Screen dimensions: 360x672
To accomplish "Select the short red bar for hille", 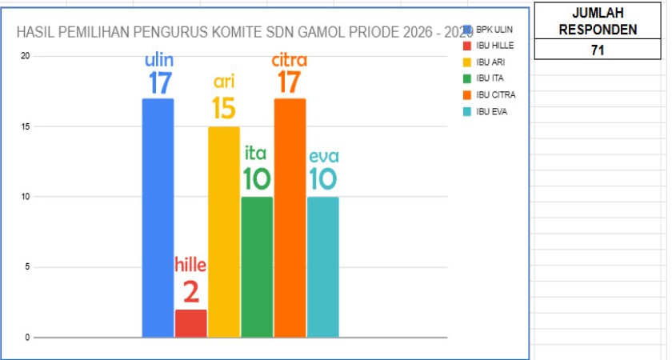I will coord(191,323).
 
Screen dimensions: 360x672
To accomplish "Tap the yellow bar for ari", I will coord(224,232).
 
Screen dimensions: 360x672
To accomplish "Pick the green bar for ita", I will coord(257,267).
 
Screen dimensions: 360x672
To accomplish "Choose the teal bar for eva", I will coord(322,267).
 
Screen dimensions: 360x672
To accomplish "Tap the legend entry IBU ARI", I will coord(490,62).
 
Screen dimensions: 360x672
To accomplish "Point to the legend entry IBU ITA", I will coord(489,78).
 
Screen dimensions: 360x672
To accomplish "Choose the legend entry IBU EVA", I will coord(491,111).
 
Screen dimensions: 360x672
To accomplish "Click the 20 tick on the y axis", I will coord(26,56).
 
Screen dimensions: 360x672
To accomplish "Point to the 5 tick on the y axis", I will coord(26,267).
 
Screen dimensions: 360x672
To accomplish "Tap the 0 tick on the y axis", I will coord(26,338).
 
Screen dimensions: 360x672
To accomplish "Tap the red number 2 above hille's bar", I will coord(191,292).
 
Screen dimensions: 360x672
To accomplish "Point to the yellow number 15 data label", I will coord(224,109).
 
